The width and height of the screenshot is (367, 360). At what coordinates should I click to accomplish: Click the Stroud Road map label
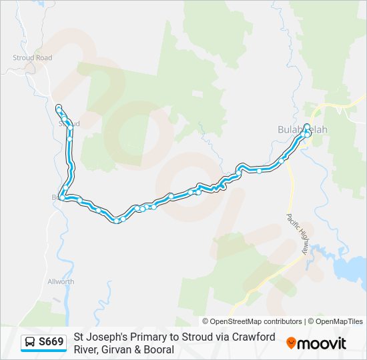pos(32,58)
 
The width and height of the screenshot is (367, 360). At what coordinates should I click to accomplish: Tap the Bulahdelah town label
pos(302,129)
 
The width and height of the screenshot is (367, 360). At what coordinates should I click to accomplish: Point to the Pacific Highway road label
pos(297,234)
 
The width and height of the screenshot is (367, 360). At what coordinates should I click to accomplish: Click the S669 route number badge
pos(51,343)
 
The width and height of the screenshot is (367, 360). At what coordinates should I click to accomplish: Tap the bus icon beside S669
pos(30,343)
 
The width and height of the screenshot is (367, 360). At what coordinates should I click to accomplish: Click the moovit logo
pos(316,343)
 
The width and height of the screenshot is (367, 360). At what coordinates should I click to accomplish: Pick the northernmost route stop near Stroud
pos(59,107)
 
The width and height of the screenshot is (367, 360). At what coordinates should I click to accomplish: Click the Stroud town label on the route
pos(69,123)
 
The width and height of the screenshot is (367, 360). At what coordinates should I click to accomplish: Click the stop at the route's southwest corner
pos(62,197)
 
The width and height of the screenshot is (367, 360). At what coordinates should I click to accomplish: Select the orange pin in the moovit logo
pos(292,343)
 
